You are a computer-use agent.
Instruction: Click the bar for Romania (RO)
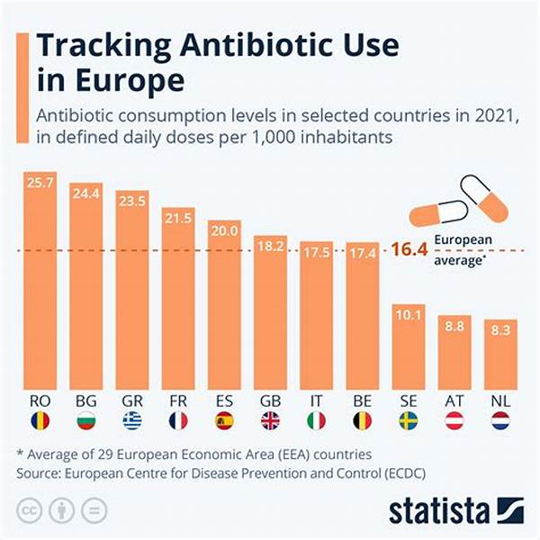(40, 279)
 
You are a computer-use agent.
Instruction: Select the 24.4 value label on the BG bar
(86, 191)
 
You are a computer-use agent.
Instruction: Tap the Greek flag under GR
(132, 420)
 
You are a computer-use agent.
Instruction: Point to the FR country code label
(179, 399)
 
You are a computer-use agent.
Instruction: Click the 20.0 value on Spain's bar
(225, 230)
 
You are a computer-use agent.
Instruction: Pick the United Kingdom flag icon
(271, 420)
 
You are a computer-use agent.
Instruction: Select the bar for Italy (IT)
(317, 315)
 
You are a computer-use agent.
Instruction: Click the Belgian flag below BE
(363, 420)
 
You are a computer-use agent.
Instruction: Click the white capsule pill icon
(484, 196)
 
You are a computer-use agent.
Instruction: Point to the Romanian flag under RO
(40, 420)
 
